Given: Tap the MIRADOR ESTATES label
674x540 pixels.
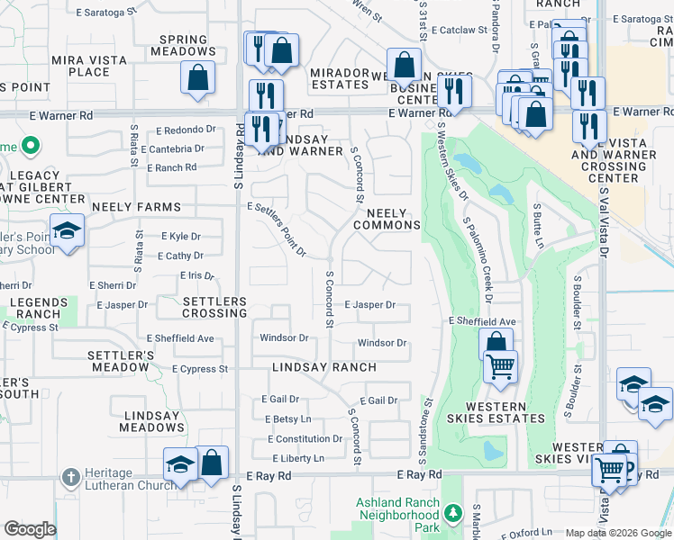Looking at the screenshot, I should (340, 78).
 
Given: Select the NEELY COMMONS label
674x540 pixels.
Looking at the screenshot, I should (393, 219).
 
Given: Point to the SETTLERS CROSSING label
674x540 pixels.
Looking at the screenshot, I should (202, 307).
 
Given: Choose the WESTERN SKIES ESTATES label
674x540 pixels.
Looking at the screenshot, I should (495, 411).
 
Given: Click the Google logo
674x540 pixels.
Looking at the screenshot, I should (30, 529).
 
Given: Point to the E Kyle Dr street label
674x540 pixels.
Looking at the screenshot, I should (180, 236).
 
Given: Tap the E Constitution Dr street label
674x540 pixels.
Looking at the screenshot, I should (305, 439).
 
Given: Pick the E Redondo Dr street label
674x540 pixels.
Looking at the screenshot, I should (193, 130).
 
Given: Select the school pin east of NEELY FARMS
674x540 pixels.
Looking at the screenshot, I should (67, 230).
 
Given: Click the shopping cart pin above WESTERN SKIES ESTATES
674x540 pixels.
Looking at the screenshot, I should (500, 366).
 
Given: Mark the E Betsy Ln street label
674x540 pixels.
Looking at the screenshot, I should (287, 419).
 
